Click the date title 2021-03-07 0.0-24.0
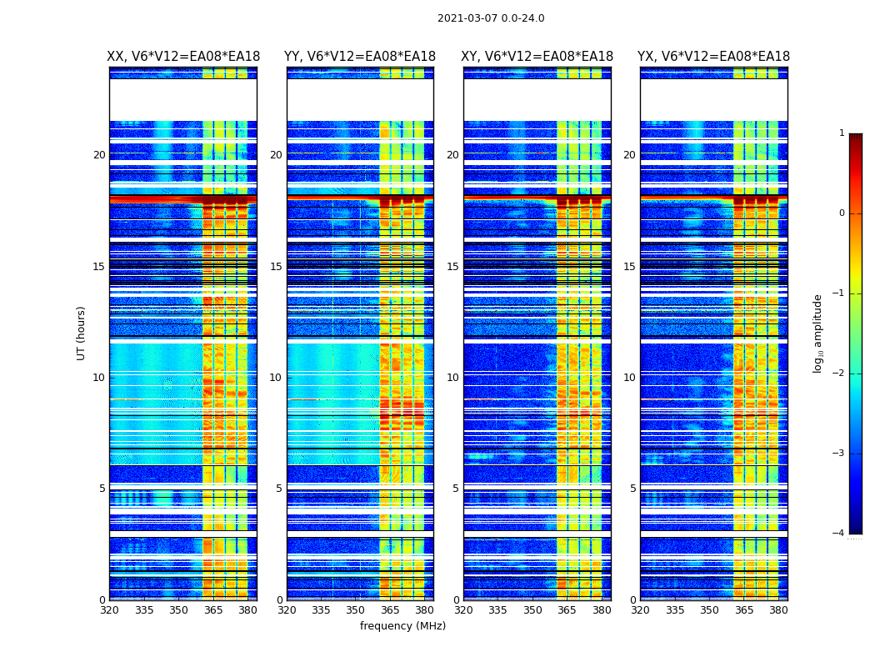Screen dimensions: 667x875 click(x=491, y=18)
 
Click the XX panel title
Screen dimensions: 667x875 click(x=183, y=57)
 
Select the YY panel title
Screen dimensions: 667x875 click(x=360, y=57)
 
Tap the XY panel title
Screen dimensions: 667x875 click(x=537, y=57)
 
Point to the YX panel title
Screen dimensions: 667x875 click(x=714, y=57)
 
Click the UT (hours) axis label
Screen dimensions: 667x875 click(x=82, y=333)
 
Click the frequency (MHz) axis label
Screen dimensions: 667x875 click(x=402, y=626)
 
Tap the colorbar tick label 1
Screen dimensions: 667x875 click(x=842, y=133)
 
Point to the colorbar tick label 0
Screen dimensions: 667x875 click(x=842, y=213)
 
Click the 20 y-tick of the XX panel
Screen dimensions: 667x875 click(x=99, y=155)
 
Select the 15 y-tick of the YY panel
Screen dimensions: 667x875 click(x=276, y=267)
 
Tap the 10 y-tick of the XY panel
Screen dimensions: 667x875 click(x=452, y=378)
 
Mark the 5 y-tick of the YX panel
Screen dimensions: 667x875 click(x=632, y=489)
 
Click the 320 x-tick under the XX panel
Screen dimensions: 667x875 click(x=109, y=610)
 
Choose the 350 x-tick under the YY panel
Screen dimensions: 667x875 click(x=356, y=610)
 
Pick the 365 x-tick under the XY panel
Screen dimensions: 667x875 click(x=567, y=610)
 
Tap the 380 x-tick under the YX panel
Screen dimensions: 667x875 click(x=778, y=610)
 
